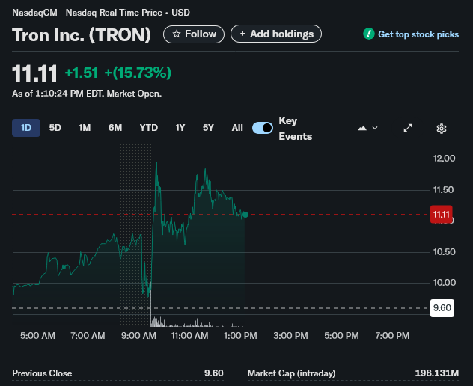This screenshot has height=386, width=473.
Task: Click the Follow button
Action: click(194, 34)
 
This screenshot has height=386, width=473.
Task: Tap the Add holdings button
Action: click(276, 34)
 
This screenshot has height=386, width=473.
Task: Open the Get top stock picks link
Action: click(411, 34)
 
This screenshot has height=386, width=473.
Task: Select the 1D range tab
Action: click(26, 128)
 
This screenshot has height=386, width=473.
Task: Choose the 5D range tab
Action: click(55, 128)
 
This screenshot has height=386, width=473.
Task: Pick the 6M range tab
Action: click(115, 128)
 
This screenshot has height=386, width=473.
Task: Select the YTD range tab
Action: click(149, 128)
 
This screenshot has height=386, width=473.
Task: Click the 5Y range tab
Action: click(208, 128)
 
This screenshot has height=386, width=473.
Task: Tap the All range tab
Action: click(237, 128)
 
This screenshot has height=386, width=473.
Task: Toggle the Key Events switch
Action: click(263, 128)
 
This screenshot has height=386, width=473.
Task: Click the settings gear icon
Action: click(442, 129)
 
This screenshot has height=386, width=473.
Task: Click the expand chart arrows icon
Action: click(408, 128)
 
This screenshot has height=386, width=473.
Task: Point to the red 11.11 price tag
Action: click(442, 215)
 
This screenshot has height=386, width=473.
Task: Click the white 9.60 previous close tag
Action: click(442, 308)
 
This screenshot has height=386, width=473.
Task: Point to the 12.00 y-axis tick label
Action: click(444, 159)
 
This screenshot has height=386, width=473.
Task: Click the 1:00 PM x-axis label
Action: click(240, 336)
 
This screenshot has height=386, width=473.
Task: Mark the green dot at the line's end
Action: click(245, 215)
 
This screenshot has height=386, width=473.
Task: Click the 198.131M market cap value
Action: click(437, 373)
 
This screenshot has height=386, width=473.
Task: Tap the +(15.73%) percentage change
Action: click(138, 73)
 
